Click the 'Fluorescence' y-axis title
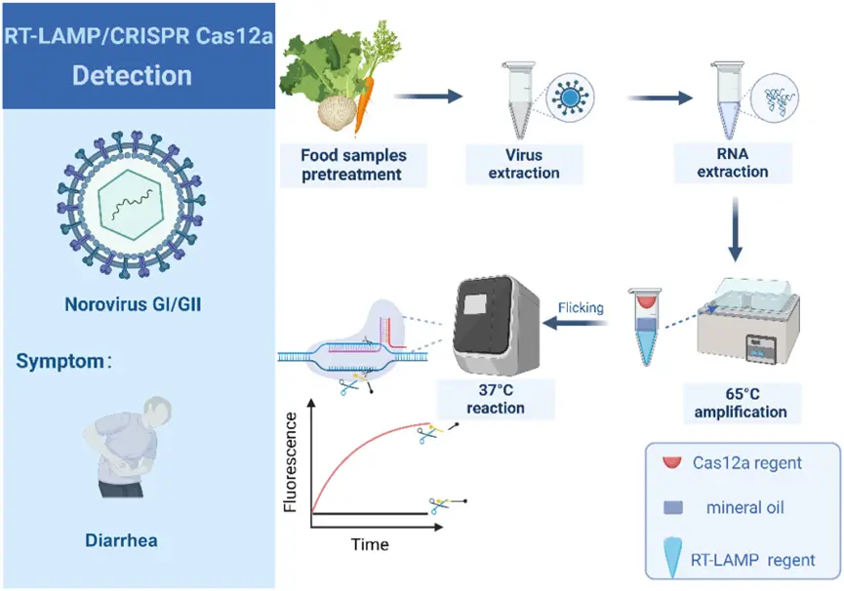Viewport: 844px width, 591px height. pyautogui.click(x=290, y=462)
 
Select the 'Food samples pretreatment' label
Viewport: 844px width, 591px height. pyautogui.click(x=352, y=164)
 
